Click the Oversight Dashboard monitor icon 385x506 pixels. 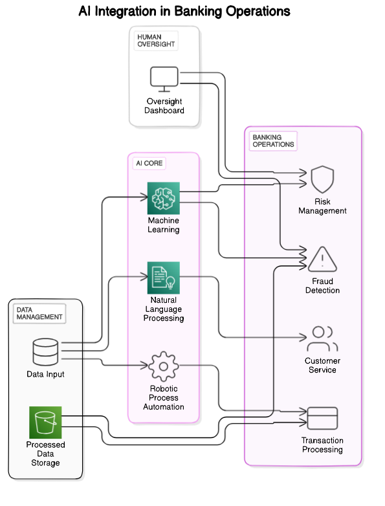164,78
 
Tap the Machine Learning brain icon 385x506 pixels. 164,198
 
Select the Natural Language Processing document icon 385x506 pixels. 164,278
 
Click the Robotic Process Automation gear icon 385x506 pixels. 164,366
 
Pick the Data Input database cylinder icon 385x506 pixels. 45,351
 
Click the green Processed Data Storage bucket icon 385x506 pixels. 45,423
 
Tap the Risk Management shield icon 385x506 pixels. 322,179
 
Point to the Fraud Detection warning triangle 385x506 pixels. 322,259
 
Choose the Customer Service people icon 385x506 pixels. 322,338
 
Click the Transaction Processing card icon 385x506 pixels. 322,419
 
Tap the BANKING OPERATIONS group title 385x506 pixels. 272,141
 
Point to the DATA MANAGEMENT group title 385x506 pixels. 39,313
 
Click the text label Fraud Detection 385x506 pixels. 322,286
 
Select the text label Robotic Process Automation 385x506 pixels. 164,397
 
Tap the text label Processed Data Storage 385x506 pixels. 45,454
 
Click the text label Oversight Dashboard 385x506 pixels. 164,105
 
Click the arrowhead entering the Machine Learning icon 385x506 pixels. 144,197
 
